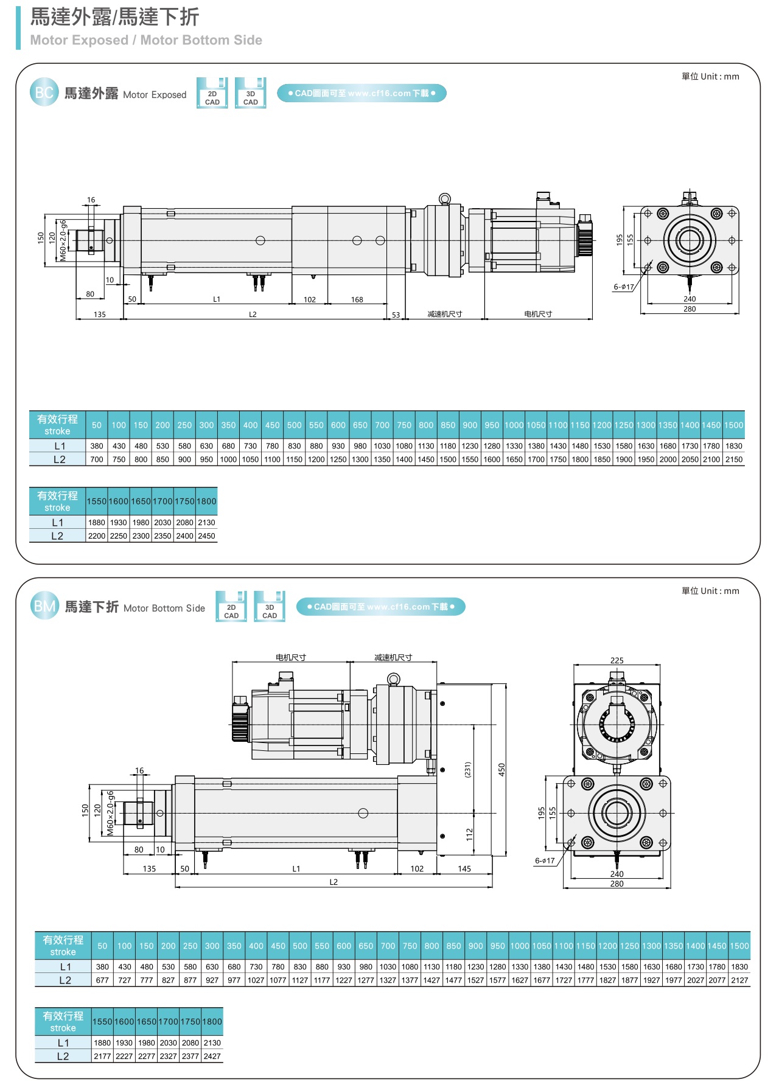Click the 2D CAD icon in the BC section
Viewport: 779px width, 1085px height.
tap(212, 93)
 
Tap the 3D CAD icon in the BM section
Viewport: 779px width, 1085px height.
tap(270, 607)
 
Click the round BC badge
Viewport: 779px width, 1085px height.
tap(44, 92)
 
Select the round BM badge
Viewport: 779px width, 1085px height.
tap(44, 606)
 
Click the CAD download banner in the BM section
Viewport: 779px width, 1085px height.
tap(380, 607)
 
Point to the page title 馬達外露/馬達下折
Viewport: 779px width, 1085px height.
tap(114, 17)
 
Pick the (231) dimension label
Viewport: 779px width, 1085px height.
tap(467, 769)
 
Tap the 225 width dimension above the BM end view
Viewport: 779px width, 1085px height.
tap(617, 660)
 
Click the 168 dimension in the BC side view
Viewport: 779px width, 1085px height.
tap(357, 299)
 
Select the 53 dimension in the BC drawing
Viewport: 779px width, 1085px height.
tap(396, 315)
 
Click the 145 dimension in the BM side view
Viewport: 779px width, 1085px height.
tap(464, 868)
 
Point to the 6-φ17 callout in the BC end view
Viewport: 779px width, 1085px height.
tap(623, 287)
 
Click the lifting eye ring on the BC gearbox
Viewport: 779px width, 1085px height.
tap(445, 198)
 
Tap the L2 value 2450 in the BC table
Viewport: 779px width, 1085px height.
tap(206, 536)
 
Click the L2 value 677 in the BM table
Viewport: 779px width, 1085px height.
tap(102, 980)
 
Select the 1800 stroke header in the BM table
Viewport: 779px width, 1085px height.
tap(212, 1022)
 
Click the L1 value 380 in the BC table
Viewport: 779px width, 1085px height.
tap(97, 446)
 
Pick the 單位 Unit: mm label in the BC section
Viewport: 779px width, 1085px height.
tap(710, 77)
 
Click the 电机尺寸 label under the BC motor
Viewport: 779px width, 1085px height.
tap(538, 314)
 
